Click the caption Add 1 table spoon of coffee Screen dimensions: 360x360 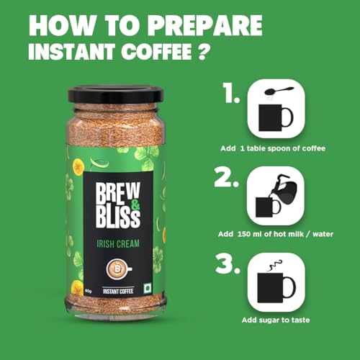pyautogui.click(x=273, y=148)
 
